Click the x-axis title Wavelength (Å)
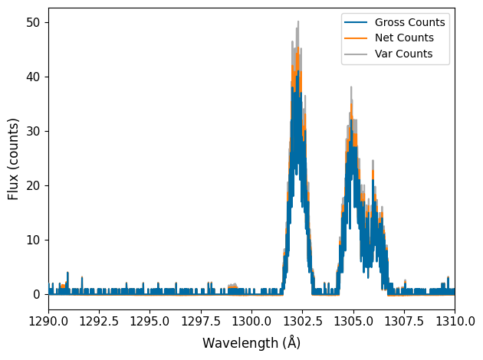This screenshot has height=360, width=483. [x=251, y=343]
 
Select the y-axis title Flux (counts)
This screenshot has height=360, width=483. [x=14, y=159]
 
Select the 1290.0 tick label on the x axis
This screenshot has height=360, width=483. [x=48, y=319]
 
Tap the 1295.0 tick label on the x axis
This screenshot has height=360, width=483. [x=149, y=319]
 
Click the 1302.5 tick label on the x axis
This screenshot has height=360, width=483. [x=302, y=319]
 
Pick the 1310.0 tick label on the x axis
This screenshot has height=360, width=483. [x=454, y=319]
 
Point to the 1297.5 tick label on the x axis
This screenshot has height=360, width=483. [x=200, y=319]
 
